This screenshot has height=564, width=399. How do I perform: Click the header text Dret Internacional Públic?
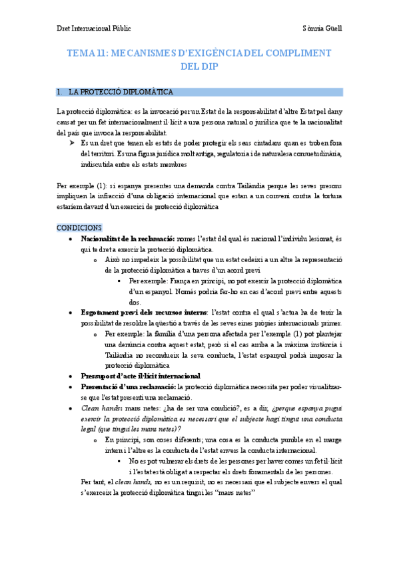93,29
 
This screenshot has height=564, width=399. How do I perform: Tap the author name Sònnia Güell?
322,29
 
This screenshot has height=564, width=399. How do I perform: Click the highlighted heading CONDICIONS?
79,227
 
